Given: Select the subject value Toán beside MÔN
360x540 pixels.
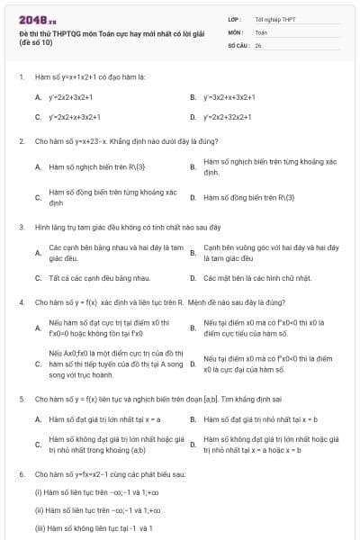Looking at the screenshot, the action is tap(261, 31).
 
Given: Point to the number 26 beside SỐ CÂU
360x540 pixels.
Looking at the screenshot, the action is tap(258, 44).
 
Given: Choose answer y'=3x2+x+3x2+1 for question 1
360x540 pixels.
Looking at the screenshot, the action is tap(229, 96).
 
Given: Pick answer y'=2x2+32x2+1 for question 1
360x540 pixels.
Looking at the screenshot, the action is tap(229, 117).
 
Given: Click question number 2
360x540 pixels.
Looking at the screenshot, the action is tap(21, 141).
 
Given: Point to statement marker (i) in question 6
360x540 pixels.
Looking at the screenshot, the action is tap(39, 492).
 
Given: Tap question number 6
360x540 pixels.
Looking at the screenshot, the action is tap(21, 473).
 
